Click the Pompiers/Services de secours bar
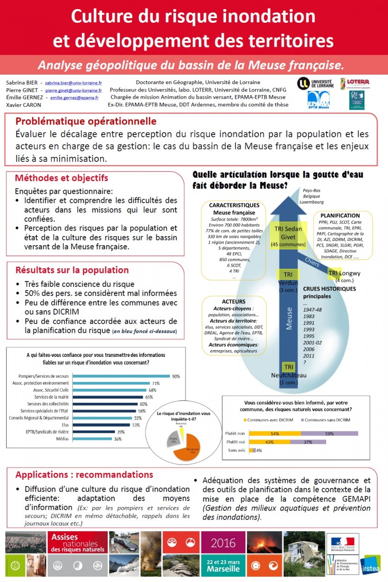(x=121, y=376)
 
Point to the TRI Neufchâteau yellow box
(x=289, y=367)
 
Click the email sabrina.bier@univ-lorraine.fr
(x=73, y=83)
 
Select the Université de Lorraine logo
(x=315, y=83)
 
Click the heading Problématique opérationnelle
(x=86, y=121)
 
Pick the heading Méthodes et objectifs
(x=61, y=178)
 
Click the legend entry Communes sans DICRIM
(x=328, y=420)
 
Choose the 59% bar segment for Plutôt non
(x=330, y=434)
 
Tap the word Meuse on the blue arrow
(x=289, y=318)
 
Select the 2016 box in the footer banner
(x=223, y=543)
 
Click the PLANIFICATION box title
(x=340, y=215)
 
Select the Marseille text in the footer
(x=223, y=568)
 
